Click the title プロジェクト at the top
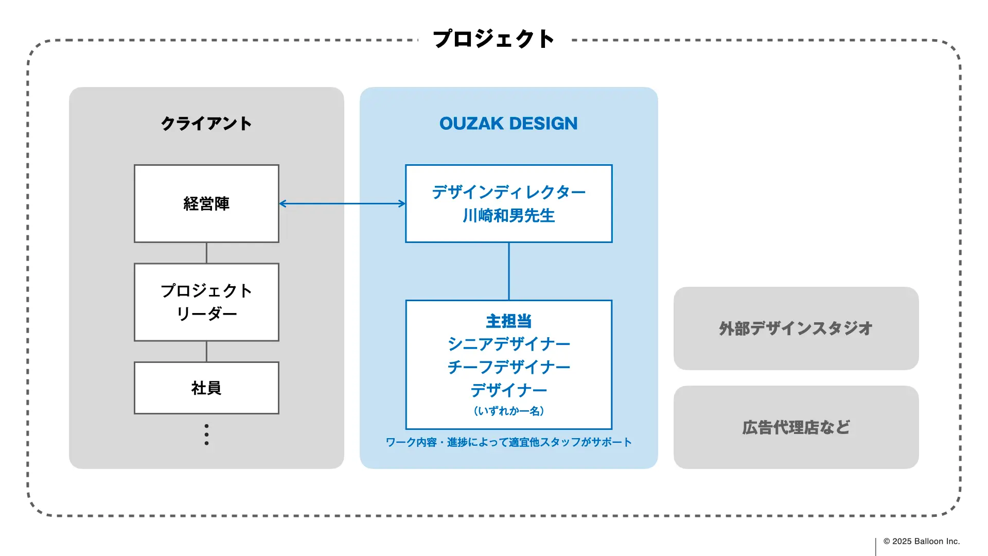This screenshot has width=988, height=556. [x=493, y=39]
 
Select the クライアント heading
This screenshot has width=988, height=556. [x=206, y=124]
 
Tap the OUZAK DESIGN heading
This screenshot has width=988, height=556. [x=508, y=124]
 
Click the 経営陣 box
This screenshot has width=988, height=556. [x=206, y=204]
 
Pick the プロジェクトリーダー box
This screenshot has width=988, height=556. [x=206, y=302]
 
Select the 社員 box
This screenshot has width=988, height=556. [x=206, y=388]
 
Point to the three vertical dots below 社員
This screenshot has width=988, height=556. [x=206, y=435]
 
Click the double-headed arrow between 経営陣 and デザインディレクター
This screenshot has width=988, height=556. [x=342, y=204]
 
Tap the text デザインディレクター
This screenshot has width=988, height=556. [x=508, y=193]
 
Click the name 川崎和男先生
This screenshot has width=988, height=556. [x=508, y=216]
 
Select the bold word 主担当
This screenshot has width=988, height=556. [x=508, y=321]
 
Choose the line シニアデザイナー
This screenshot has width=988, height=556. [x=508, y=344]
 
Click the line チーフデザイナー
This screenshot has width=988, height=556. [x=508, y=367]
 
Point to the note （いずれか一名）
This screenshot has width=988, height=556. [x=508, y=411]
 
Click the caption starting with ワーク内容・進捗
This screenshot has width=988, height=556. [x=508, y=442]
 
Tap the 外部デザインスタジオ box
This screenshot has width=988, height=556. [x=796, y=328]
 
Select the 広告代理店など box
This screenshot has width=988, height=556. [x=796, y=427]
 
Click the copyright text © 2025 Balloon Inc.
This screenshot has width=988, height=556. [x=921, y=541]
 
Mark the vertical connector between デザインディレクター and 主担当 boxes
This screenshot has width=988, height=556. [x=508, y=271]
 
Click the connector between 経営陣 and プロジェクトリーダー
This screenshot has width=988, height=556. [x=206, y=253]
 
